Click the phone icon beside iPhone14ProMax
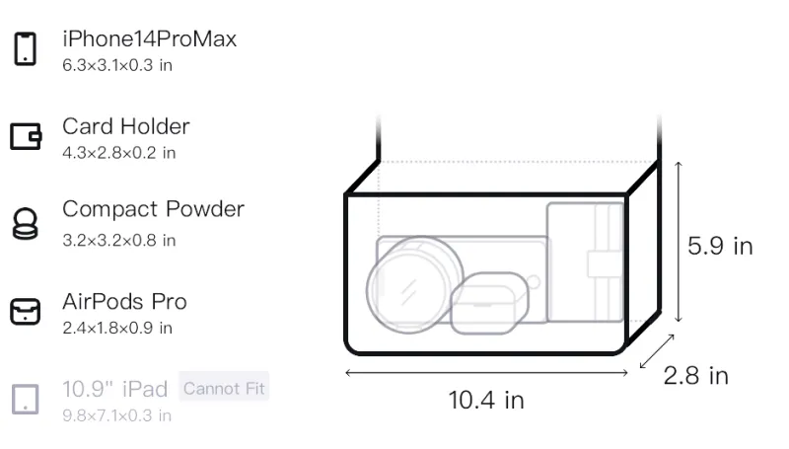(26, 48)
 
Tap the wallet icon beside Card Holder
(26, 136)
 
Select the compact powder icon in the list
(26, 223)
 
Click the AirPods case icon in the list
(26, 312)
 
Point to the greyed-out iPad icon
(26, 400)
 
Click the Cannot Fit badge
(224, 388)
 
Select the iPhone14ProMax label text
(150, 38)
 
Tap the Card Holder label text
(126, 126)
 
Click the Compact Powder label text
(153, 209)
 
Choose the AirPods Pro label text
(124, 302)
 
